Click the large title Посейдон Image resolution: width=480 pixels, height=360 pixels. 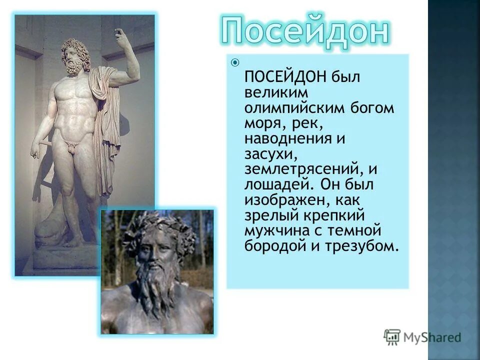(x=304, y=31)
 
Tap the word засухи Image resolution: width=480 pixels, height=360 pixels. (x=266, y=154)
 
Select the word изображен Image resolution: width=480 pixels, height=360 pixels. (x=282, y=200)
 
